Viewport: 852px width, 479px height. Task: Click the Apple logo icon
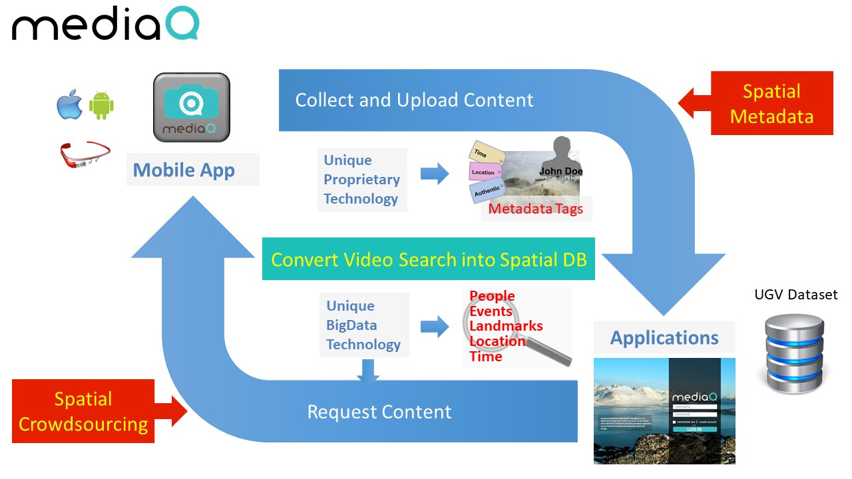coord(69,105)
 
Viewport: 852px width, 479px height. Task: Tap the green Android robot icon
coord(101,105)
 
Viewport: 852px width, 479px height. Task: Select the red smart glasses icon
coord(84,154)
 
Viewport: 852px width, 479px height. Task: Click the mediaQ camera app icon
coord(192,107)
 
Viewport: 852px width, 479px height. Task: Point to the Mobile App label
coord(184,170)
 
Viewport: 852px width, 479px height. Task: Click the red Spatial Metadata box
coord(771,104)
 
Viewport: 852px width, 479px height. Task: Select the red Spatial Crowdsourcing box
coord(83,411)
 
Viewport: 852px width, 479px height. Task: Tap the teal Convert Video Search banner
coord(429,259)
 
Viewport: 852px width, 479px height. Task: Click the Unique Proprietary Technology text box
coord(361,180)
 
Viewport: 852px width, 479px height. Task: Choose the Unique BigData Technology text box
coord(363,325)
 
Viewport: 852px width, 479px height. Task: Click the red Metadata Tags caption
coord(536,209)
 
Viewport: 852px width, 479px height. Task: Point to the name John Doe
coord(560,171)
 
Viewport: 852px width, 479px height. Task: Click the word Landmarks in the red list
coord(506,326)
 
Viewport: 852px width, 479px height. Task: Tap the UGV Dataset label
coord(796,295)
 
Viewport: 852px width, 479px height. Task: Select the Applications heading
coord(664,338)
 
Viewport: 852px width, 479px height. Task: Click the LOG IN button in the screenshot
coord(694,430)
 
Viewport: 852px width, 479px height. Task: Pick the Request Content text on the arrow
coord(379,412)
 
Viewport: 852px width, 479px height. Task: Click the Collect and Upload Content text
coord(414,100)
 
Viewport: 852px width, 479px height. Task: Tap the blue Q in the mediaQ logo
coord(180,25)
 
